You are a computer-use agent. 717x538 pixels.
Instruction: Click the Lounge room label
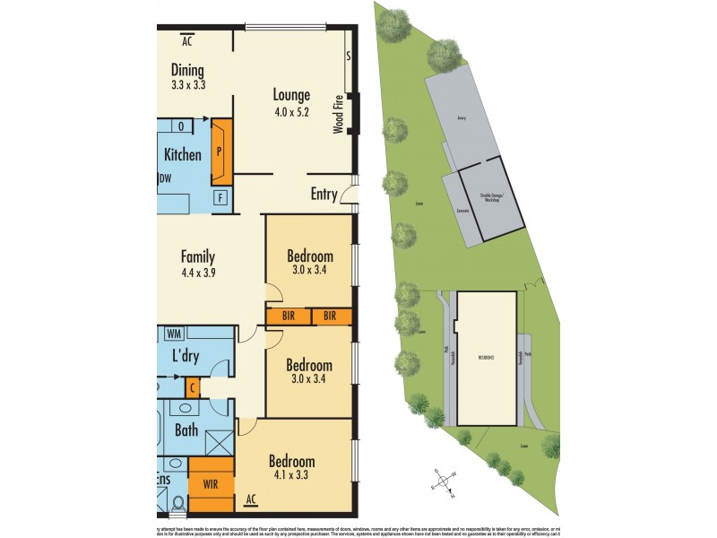291,95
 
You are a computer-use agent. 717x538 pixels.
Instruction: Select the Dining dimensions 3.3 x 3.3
188,86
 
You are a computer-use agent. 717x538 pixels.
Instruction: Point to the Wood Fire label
339,116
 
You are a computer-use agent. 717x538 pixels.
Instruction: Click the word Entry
324,195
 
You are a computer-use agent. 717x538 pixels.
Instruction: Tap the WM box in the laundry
175,334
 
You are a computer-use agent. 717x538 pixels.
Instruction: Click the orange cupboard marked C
193,387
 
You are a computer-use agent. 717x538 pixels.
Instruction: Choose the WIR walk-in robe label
211,485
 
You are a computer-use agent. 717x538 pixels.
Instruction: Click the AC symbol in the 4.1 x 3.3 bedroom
251,499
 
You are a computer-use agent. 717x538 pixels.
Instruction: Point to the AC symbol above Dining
187,41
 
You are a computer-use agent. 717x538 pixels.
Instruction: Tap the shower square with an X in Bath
219,443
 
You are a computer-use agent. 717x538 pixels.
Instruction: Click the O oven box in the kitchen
181,126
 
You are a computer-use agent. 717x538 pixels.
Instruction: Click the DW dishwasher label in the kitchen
165,178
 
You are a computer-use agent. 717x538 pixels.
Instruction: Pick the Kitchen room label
183,155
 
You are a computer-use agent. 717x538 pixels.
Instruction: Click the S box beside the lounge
348,56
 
